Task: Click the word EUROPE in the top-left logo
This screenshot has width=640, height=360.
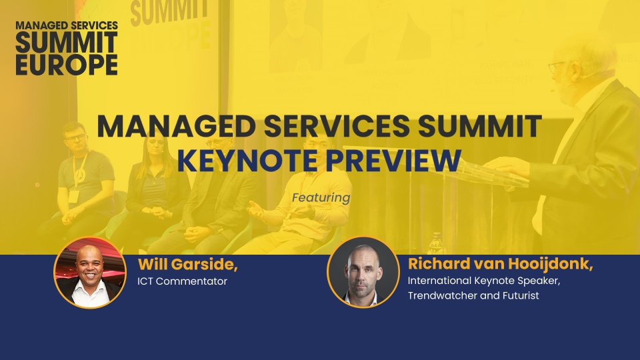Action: pyautogui.click(x=67, y=65)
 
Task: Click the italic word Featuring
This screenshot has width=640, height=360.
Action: pyautogui.click(x=321, y=198)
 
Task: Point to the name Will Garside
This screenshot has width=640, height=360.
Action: pyautogui.click(x=188, y=265)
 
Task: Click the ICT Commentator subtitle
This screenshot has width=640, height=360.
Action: pyautogui.click(x=183, y=281)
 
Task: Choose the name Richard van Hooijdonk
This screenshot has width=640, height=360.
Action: pyautogui.click(x=500, y=264)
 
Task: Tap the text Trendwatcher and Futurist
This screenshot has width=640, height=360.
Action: pyautogui.click(x=473, y=295)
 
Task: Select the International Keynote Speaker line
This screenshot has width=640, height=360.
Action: pyautogui.click(x=484, y=281)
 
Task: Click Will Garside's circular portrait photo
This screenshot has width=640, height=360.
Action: pyautogui.click(x=90, y=273)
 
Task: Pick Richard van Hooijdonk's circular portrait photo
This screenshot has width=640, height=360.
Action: pyautogui.click(x=363, y=272)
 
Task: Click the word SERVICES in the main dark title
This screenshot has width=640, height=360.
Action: pyautogui.click(x=336, y=126)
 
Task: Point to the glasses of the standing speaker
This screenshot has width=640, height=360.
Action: pyautogui.click(x=557, y=67)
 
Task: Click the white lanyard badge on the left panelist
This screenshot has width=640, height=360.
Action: pyautogui.click(x=73, y=196)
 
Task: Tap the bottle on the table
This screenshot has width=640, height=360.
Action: pyautogui.click(x=436, y=243)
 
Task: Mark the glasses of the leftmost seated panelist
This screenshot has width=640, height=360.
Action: pyautogui.click(x=76, y=137)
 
